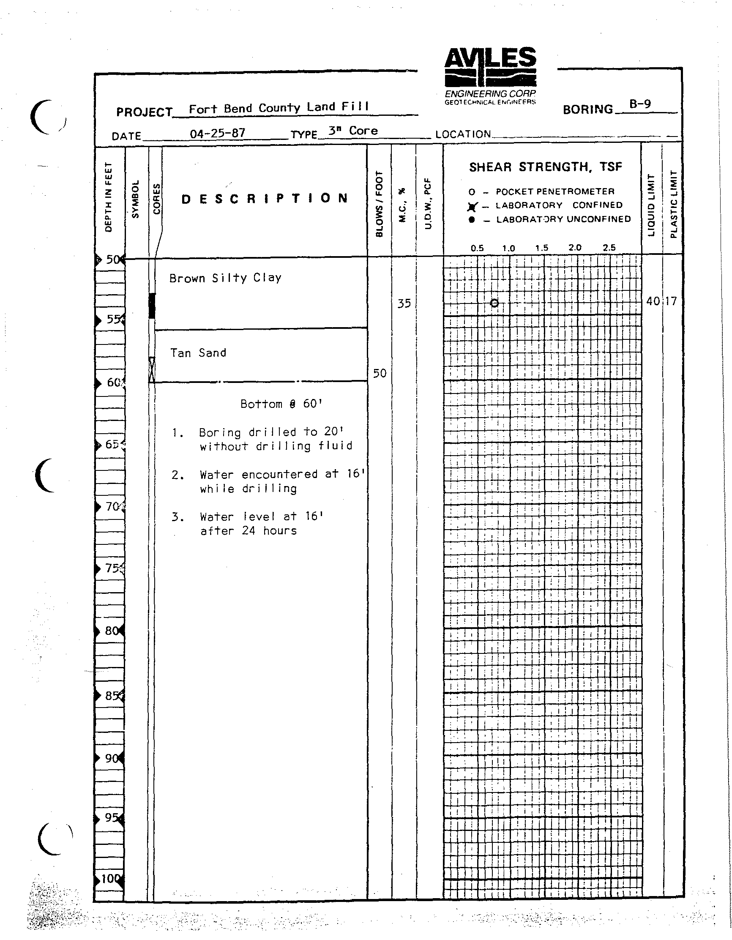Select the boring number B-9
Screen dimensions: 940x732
[640, 104]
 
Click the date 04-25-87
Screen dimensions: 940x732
[217, 133]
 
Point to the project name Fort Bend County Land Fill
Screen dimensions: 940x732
[279, 108]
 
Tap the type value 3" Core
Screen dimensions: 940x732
[353, 131]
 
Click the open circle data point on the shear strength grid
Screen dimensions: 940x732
[494, 303]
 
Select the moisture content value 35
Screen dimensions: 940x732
[404, 304]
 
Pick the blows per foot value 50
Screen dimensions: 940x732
[379, 373]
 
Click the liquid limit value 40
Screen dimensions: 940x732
[653, 301]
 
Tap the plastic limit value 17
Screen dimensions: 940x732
[671, 301]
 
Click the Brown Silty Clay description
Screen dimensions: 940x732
[225, 278]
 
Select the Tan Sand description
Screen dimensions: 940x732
[198, 353]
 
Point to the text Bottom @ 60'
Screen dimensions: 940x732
[281, 404]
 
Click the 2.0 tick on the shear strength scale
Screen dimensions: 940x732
[575, 248]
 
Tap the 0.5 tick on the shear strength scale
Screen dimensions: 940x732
[477, 248]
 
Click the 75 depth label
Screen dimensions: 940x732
[113, 568]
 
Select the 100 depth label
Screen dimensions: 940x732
[110, 878]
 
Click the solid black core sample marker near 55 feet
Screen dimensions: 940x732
[151, 306]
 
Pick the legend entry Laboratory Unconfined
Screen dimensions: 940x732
[563, 219]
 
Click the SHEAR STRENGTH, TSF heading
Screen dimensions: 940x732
[545, 167]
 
